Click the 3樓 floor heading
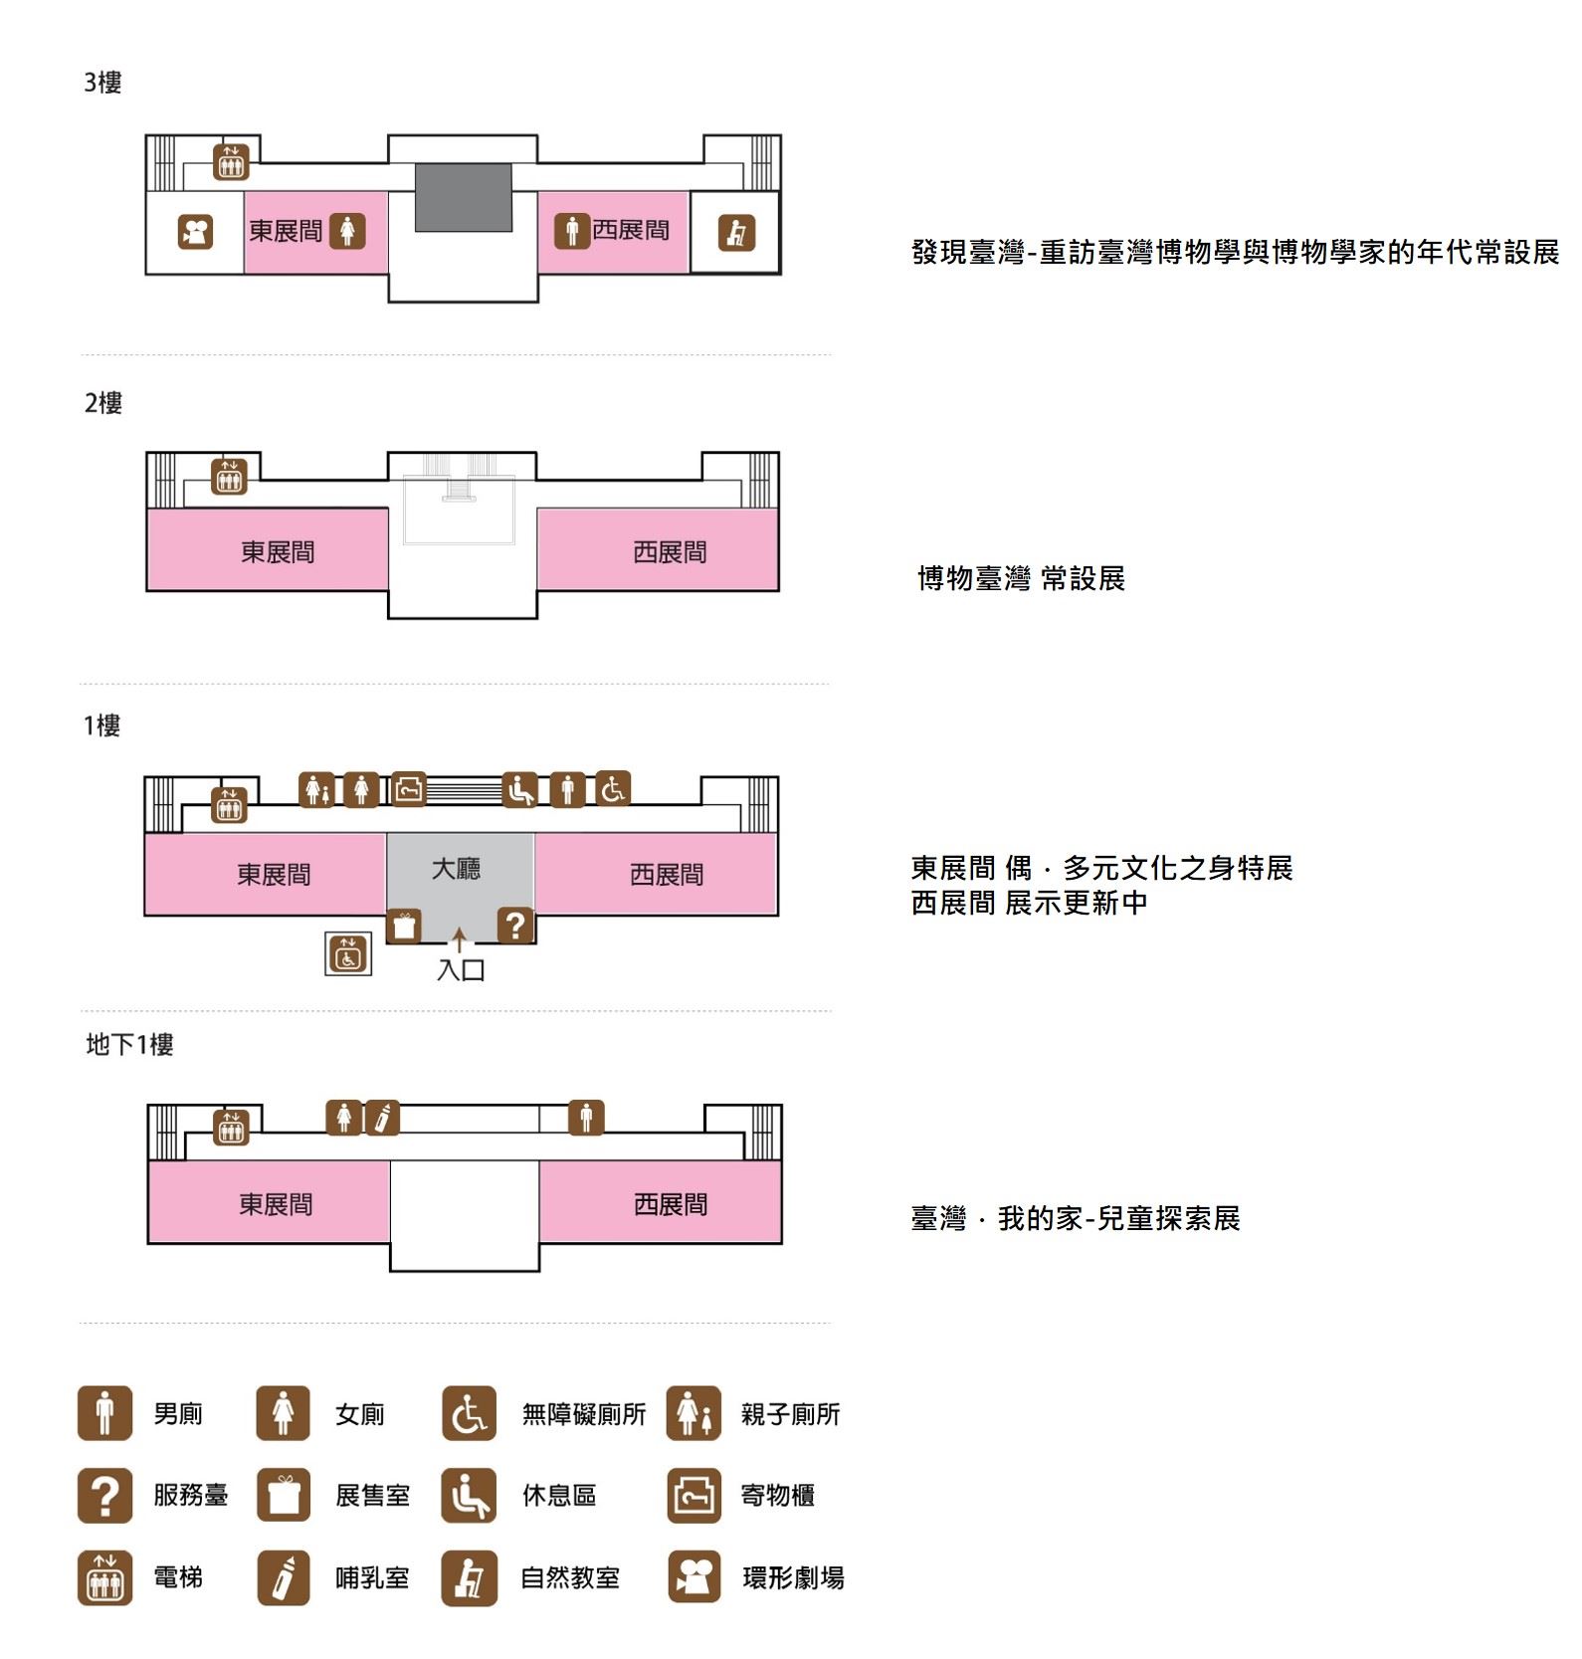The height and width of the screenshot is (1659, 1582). coord(102,83)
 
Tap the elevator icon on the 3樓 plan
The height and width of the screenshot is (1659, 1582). coord(231,162)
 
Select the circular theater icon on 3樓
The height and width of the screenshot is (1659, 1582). coord(195,233)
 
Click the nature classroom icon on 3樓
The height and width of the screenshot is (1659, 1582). coord(736,233)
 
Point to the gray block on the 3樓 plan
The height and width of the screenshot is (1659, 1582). coord(463,197)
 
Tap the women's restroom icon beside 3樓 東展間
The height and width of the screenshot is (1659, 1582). coord(347,231)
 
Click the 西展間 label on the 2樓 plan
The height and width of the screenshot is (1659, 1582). coord(670,552)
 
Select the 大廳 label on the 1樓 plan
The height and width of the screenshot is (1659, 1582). coord(456,869)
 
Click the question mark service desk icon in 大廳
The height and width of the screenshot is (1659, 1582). coord(515,926)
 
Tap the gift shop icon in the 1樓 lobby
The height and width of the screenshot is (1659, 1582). coord(403,926)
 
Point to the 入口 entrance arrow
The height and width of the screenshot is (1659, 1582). coord(459,938)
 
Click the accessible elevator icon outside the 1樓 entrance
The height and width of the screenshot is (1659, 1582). coord(348,953)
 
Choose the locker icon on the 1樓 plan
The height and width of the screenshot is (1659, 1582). coord(408,789)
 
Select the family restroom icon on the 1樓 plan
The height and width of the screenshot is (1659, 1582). coord(316,789)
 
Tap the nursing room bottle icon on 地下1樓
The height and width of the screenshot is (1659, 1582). coord(382,1118)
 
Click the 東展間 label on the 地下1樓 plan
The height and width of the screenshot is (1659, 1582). coord(276,1204)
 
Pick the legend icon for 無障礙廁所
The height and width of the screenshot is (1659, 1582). coord(469,1413)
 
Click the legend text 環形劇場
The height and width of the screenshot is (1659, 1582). coord(793,1577)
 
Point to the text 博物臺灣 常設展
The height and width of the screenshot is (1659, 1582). coord(1021,578)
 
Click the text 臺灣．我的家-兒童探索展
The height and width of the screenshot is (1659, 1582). coord(1076,1218)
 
